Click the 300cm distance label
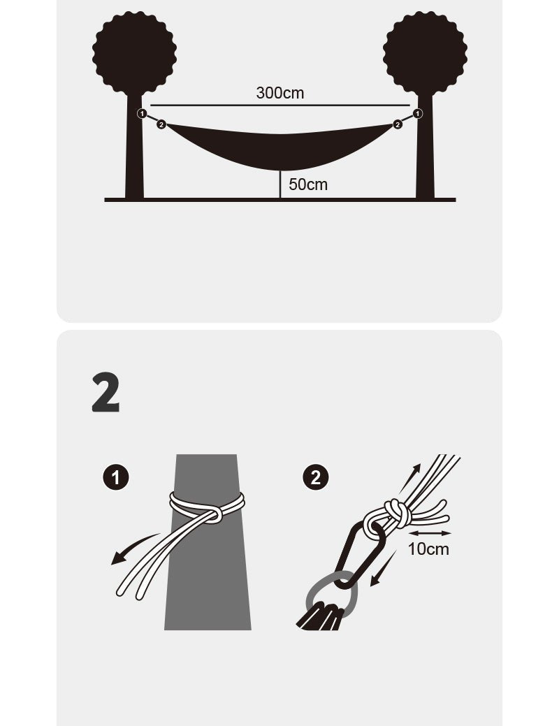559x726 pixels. [279, 93]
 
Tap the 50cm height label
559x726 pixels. [308, 184]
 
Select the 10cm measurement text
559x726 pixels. [428, 549]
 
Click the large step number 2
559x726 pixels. [106, 392]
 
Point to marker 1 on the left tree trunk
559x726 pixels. [142, 113]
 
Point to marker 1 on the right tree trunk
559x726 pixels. [417, 113]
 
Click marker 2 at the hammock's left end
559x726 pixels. [161, 124]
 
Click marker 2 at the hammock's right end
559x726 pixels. [398, 124]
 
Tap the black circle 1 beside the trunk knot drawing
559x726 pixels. [116, 477]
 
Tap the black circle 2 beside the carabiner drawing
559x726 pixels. [316, 477]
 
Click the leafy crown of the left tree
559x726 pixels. [134, 54]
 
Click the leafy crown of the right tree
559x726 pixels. [425, 54]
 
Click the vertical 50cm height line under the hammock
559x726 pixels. [280, 184]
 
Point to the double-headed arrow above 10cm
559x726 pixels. [430, 533]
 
